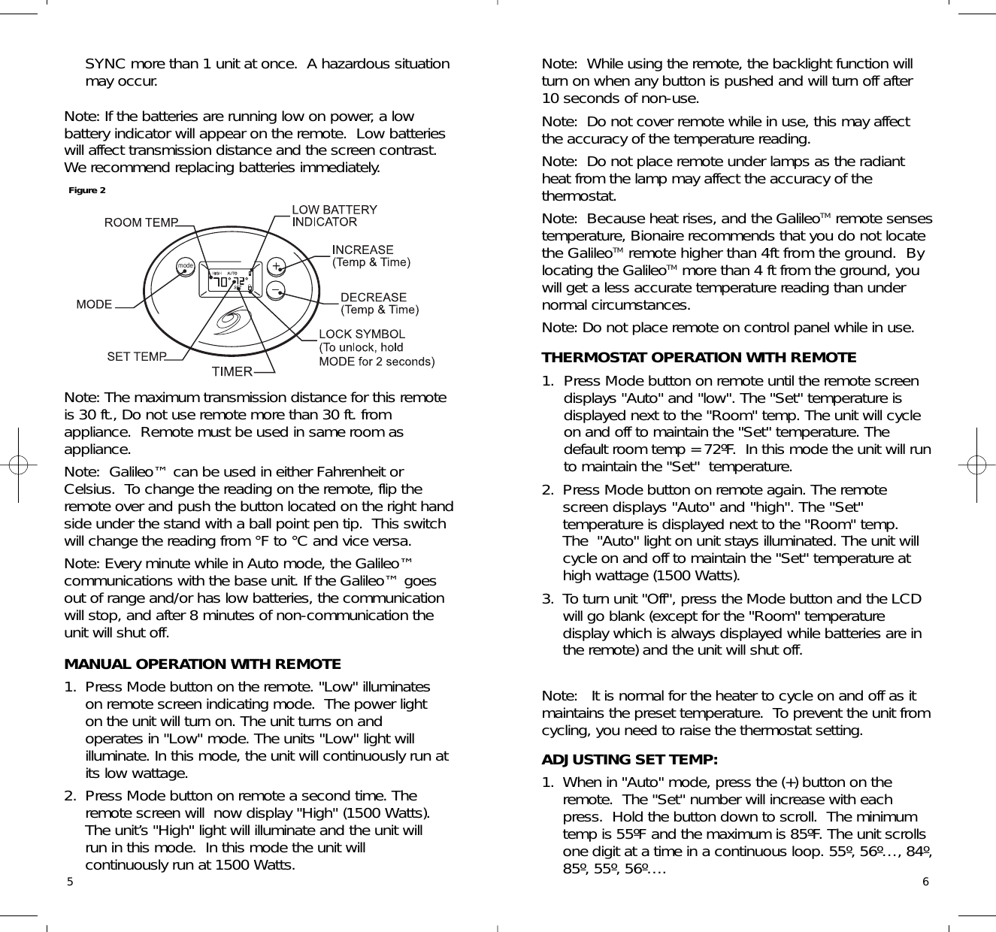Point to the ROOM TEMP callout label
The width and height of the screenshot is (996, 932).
(x=141, y=222)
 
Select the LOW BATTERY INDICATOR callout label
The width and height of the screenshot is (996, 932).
(x=334, y=216)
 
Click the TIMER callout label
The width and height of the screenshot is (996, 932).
(x=232, y=372)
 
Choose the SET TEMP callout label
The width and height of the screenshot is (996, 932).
(x=135, y=357)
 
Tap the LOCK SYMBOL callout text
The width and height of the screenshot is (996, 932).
(x=362, y=334)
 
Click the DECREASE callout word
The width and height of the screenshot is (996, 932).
(x=374, y=298)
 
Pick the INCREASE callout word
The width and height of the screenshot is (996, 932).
(x=363, y=250)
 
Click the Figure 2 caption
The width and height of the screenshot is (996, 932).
(x=87, y=190)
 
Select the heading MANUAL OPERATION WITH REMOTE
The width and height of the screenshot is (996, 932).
(x=202, y=664)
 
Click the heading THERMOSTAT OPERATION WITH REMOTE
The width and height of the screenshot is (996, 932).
(x=698, y=358)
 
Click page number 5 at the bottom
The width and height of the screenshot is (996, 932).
(x=69, y=882)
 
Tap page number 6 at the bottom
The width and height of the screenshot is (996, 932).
(x=925, y=882)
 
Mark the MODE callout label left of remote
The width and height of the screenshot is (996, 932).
(x=94, y=304)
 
